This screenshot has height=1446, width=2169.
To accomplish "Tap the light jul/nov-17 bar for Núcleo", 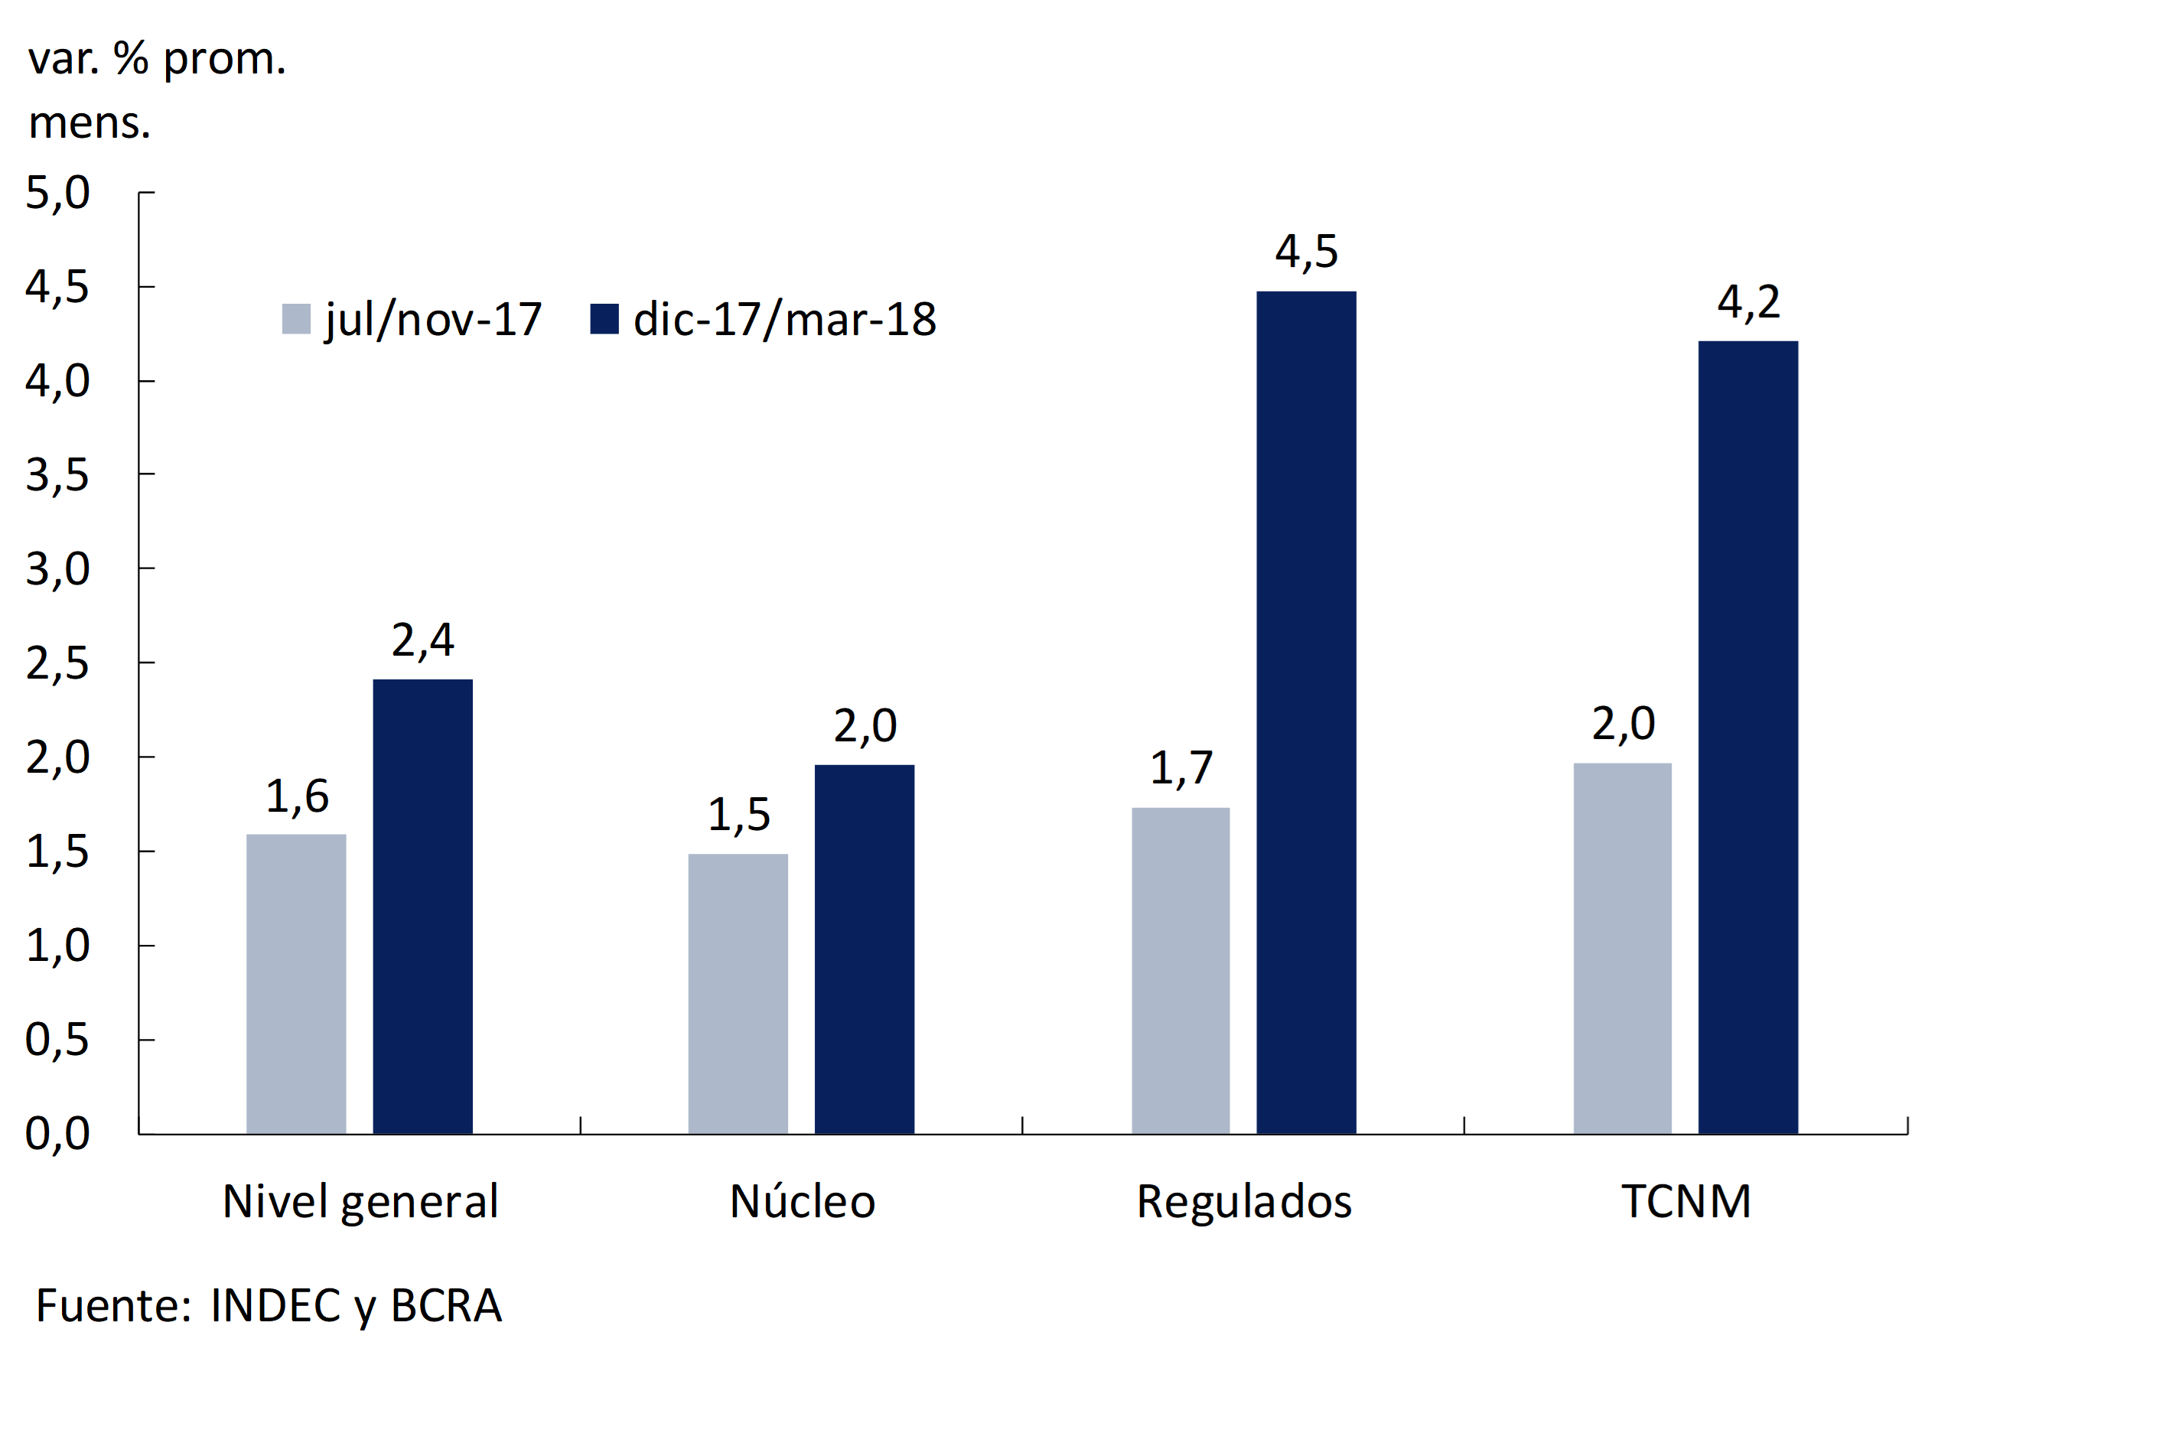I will [738, 993].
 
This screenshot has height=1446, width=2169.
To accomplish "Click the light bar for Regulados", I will [1181, 970].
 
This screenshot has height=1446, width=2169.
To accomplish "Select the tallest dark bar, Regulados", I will [1306, 712].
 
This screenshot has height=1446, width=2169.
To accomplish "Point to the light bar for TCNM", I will [1622, 948].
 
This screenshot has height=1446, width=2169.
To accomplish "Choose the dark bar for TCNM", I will [1747, 737].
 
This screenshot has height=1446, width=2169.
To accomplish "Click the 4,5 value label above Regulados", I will [1306, 252].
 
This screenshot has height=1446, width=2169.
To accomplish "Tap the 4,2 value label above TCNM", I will [1747, 302].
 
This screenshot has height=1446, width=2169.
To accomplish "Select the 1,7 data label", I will [1181, 768].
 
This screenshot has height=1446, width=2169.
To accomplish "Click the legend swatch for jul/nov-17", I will [296, 319].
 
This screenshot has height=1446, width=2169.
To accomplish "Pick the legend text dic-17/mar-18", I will [784, 320].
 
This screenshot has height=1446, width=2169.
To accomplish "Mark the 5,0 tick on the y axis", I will [57, 193].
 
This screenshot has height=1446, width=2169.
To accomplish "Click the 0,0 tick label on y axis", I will [57, 1133].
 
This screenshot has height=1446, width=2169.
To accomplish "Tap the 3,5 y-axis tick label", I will [57, 476].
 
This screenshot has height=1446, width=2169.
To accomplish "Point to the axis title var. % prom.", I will [157, 59].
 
